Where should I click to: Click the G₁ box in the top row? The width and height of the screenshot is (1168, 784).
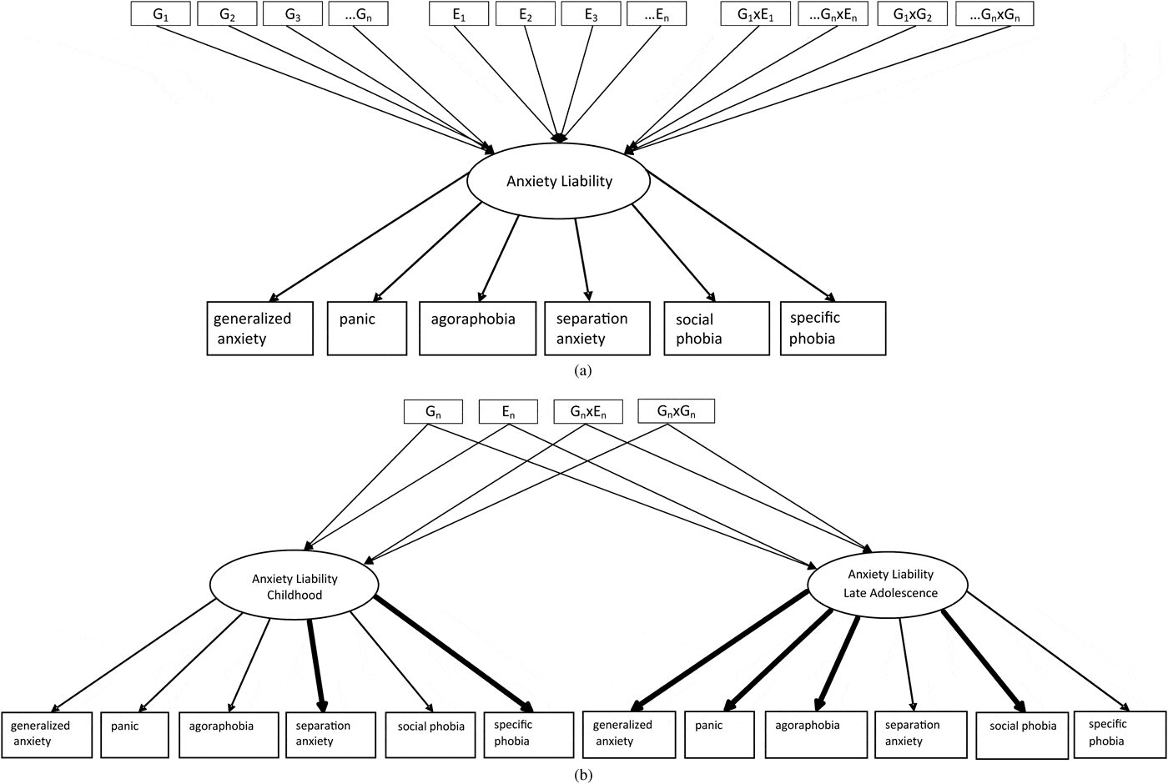[161, 14]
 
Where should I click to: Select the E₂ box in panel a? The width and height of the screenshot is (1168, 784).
[525, 14]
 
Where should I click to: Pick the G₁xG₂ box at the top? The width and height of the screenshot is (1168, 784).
[912, 14]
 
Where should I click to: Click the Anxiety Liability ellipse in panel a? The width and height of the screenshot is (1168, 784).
[559, 181]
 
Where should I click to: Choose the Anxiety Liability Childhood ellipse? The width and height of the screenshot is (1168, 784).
[295, 586]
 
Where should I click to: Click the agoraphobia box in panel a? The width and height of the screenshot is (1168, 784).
[477, 329]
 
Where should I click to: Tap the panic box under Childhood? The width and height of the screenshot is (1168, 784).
[135, 734]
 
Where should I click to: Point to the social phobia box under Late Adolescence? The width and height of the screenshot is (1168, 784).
[1022, 735]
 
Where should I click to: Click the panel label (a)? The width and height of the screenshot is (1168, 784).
[583, 371]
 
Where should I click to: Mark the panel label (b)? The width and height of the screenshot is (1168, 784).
[583, 775]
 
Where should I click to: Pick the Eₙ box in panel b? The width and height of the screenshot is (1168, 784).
[508, 411]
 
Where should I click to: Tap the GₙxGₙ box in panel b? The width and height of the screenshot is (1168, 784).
[676, 411]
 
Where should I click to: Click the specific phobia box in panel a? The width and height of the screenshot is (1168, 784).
[832, 329]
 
